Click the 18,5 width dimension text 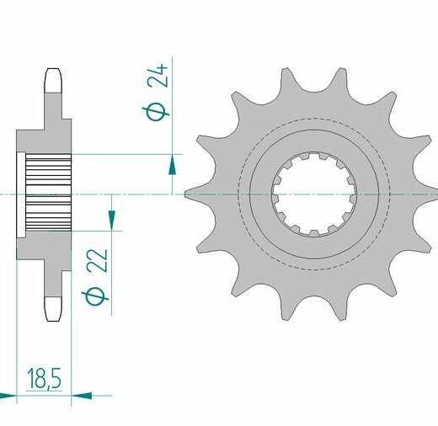(44, 379)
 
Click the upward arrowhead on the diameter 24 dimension (172, 166)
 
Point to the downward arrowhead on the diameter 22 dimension (112, 220)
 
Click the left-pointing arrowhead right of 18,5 (82, 396)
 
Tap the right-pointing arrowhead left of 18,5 (8, 396)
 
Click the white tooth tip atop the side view (53, 81)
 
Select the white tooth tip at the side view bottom (53, 309)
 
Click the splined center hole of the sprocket (314, 194)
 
